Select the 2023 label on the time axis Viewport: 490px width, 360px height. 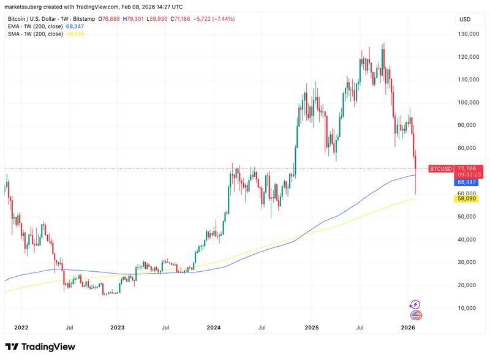pyautogui.click(x=117, y=328)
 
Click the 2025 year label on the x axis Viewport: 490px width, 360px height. pyautogui.click(x=311, y=328)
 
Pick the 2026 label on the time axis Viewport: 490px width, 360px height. pyautogui.click(x=408, y=328)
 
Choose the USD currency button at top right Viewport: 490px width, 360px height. pyautogui.click(x=466, y=20)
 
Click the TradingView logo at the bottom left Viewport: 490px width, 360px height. pyautogui.click(x=40, y=347)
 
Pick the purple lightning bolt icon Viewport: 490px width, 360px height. pyautogui.click(x=415, y=304)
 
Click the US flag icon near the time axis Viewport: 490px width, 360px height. pyautogui.click(x=415, y=315)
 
